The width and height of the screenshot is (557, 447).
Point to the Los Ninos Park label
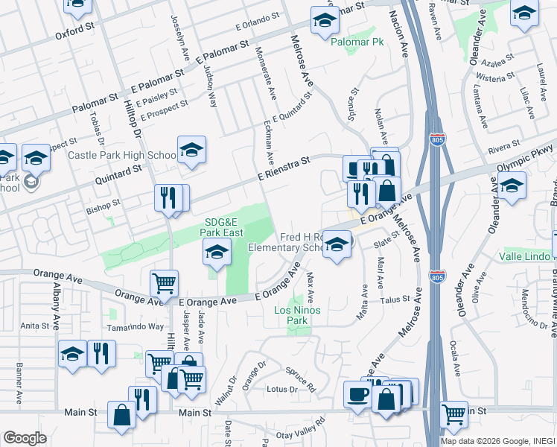coord(291,315)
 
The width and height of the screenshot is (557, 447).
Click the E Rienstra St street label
coord(284,167)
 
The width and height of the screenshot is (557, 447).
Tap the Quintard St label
coord(117,177)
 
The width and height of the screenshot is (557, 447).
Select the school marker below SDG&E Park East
coord(216,253)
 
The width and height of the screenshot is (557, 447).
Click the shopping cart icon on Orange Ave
coord(164,282)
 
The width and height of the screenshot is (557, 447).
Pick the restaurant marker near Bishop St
coord(169,197)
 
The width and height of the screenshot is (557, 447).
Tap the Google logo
coord(24,438)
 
